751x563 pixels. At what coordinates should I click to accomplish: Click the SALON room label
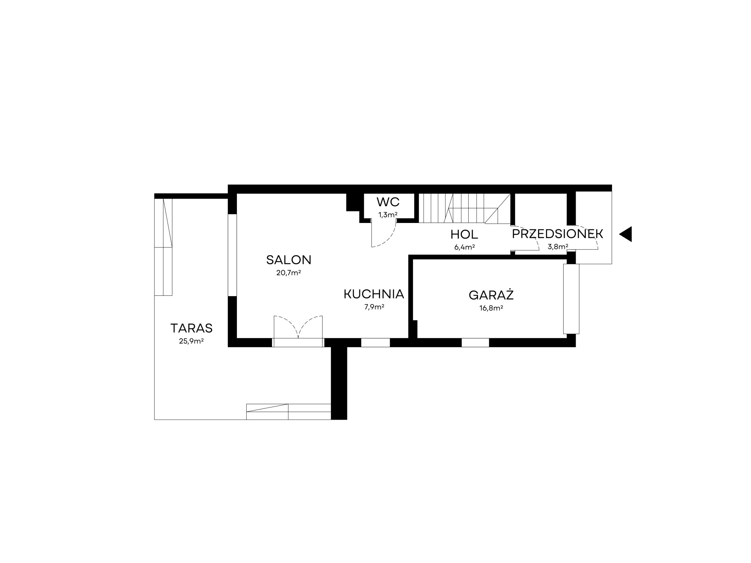point(289,260)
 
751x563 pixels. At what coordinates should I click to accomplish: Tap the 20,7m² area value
point(289,273)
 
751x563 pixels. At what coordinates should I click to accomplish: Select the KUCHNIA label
point(374,294)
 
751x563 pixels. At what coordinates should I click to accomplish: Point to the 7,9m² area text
point(374,307)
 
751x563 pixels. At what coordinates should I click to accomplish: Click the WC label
point(388,202)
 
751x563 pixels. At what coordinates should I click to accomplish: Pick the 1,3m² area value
point(388,215)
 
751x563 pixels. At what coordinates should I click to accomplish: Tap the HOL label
point(464,235)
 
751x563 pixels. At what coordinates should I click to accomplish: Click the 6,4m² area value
point(464,247)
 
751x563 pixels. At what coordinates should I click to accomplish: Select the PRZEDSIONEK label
point(558,234)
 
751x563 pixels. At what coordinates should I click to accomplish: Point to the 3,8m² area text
point(558,247)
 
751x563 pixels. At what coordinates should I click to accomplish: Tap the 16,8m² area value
point(491,308)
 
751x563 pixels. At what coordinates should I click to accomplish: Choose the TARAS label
point(192,328)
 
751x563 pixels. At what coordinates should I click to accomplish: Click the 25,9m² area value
point(192,341)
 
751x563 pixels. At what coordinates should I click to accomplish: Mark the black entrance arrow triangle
point(626,234)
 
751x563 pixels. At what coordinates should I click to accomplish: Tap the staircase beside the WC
point(464,208)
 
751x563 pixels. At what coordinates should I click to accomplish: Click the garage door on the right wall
point(571,299)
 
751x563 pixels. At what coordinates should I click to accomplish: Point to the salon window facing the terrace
point(232,255)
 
